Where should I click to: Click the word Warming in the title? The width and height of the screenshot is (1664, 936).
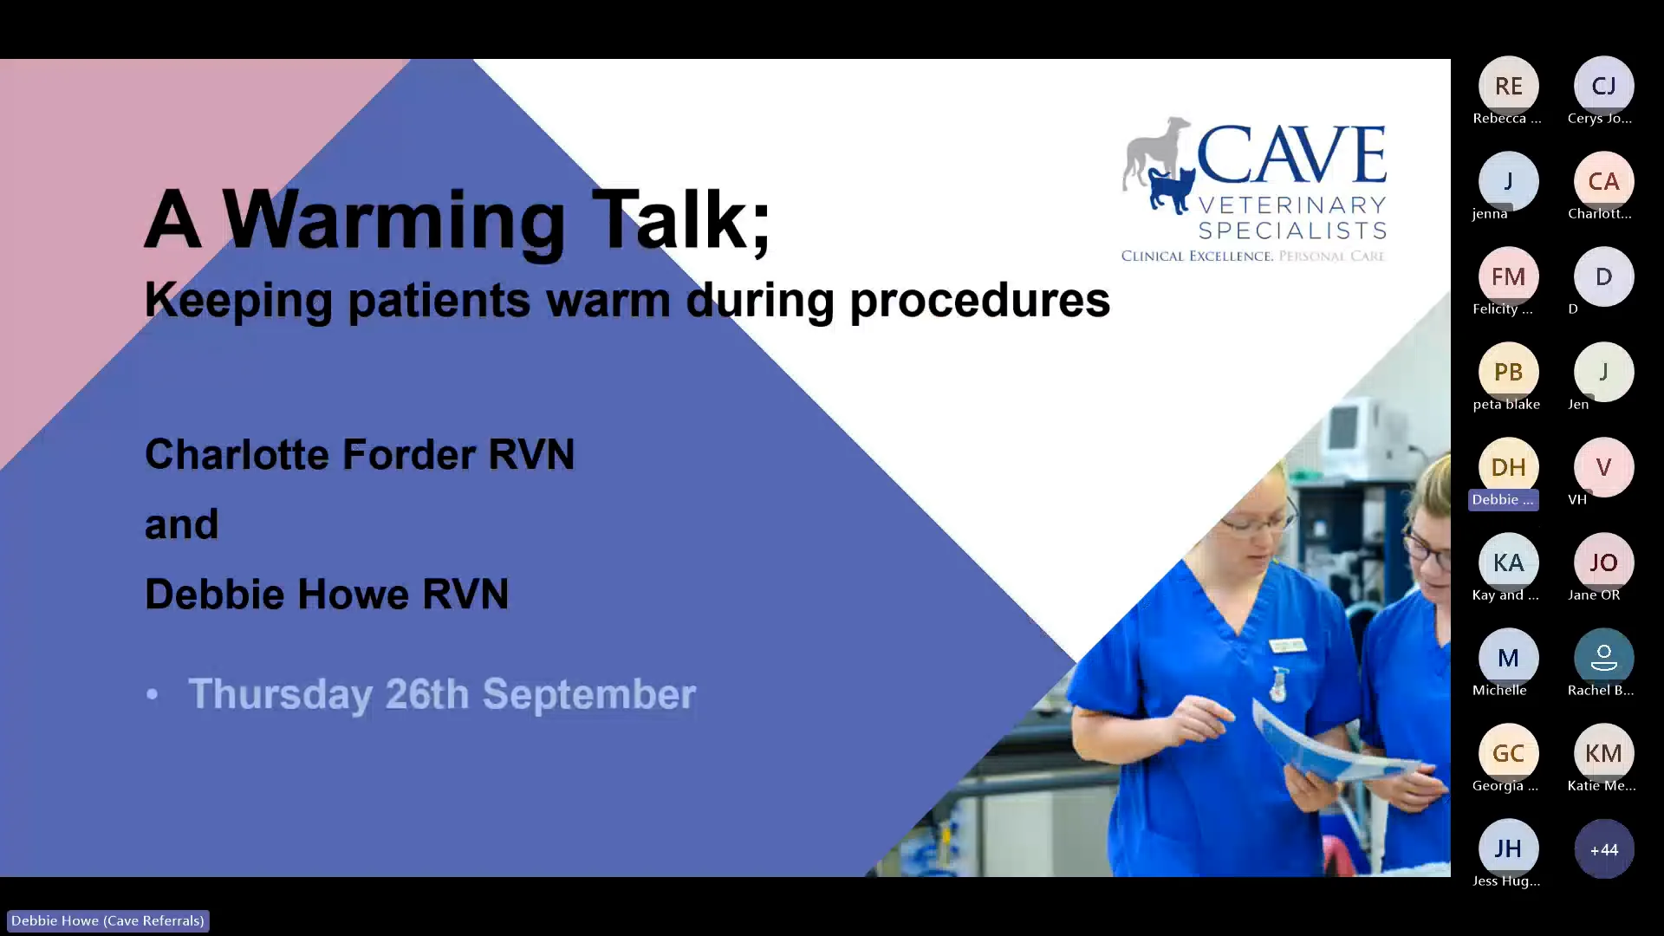[x=394, y=220]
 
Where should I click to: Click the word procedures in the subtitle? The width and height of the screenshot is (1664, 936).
[x=979, y=301]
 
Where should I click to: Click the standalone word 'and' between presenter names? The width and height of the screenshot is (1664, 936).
[x=181, y=525]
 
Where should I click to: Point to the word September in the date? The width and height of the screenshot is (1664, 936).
[x=588, y=694]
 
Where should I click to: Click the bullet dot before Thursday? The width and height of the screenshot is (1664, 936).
[x=153, y=694]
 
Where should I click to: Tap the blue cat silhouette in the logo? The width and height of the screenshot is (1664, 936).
[x=1172, y=191]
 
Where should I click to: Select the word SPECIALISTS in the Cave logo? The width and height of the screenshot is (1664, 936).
[x=1291, y=231]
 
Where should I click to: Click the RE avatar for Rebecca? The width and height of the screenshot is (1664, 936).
[x=1508, y=86]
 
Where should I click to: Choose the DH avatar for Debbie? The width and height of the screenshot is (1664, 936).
[x=1508, y=467]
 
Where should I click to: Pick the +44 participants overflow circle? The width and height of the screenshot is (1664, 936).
[x=1603, y=849]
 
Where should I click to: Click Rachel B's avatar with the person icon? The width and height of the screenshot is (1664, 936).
[x=1603, y=658]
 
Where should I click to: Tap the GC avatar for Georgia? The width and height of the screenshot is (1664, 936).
[x=1508, y=753]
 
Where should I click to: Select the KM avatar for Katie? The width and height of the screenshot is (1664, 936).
[x=1603, y=753]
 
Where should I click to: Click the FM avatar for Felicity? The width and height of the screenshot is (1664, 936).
[x=1508, y=276]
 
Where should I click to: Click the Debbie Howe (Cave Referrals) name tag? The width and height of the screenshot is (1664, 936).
[x=107, y=920]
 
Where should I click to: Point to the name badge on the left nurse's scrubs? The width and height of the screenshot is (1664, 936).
[x=1287, y=646]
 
